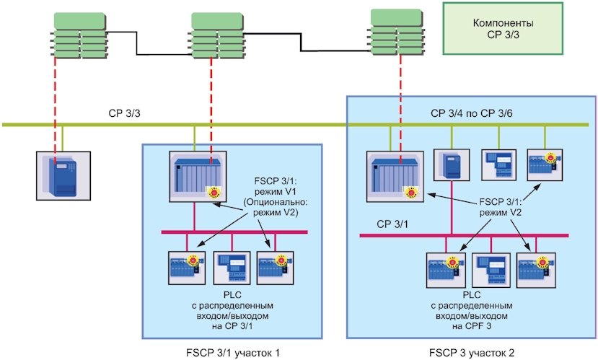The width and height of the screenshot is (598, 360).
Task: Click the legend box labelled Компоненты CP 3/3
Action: click(x=503, y=29)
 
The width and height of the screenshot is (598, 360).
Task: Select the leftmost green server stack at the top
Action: click(x=79, y=36)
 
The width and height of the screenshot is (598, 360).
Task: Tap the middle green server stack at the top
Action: click(x=216, y=36)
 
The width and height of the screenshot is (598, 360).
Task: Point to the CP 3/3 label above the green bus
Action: click(x=124, y=113)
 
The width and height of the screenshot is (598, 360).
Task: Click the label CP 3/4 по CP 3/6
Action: click(x=471, y=113)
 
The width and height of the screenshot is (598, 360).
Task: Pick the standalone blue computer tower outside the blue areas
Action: click(x=63, y=176)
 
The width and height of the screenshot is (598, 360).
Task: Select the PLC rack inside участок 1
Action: click(x=198, y=176)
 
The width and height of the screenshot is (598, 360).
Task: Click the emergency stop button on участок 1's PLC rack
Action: click(x=214, y=191)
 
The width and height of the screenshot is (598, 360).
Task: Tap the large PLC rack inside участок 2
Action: click(x=395, y=176)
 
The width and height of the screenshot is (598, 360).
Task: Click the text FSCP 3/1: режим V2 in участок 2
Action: click(x=500, y=207)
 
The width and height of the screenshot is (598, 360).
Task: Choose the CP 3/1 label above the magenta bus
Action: click(x=392, y=224)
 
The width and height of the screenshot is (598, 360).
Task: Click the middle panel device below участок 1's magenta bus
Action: click(x=232, y=268)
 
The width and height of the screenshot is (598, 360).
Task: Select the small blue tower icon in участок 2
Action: click(x=452, y=164)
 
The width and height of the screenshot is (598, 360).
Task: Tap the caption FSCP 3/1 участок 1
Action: click(x=233, y=353)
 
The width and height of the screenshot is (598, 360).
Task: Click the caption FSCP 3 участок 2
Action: click(x=472, y=353)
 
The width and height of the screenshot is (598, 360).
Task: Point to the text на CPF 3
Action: click(x=472, y=326)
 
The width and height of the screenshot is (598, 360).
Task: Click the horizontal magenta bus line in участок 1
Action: click(x=234, y=232)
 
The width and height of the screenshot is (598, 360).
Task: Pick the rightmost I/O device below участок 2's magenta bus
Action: click(x=536, y=270)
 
